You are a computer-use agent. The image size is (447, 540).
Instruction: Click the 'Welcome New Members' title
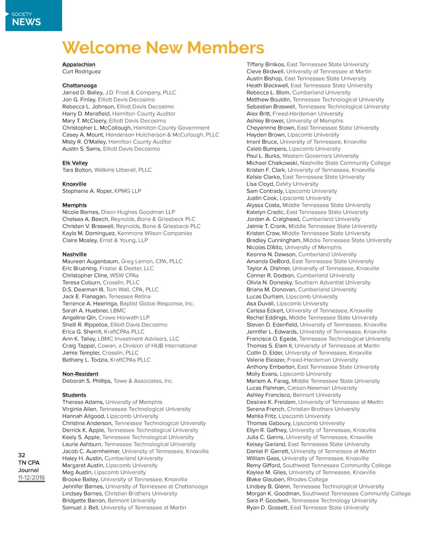163,48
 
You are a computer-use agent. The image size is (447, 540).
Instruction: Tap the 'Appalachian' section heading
79,65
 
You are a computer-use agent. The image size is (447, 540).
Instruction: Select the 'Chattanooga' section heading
79,86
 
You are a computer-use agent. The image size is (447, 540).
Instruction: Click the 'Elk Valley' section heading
75,163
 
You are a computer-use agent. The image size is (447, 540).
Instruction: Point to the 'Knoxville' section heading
74,184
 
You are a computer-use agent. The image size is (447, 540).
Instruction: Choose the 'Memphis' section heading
75,205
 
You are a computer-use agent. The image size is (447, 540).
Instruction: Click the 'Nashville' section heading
75,254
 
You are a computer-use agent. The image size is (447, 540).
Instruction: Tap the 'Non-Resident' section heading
80,374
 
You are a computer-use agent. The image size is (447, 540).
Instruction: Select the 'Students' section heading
74,395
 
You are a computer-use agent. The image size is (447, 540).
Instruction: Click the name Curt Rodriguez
82,72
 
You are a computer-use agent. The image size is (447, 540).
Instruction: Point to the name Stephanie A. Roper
87,191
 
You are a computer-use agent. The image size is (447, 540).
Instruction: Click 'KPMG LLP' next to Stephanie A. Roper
127,191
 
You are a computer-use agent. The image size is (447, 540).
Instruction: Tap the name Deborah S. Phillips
87,381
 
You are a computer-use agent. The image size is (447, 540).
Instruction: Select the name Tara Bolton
77,170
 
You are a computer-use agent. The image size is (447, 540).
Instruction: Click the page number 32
22,455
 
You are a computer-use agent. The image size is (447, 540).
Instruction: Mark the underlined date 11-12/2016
31,478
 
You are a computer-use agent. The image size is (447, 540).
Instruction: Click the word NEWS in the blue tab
27,22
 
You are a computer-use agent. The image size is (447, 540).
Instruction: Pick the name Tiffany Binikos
266,65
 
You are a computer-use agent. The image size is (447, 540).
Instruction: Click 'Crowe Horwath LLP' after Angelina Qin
124,318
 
